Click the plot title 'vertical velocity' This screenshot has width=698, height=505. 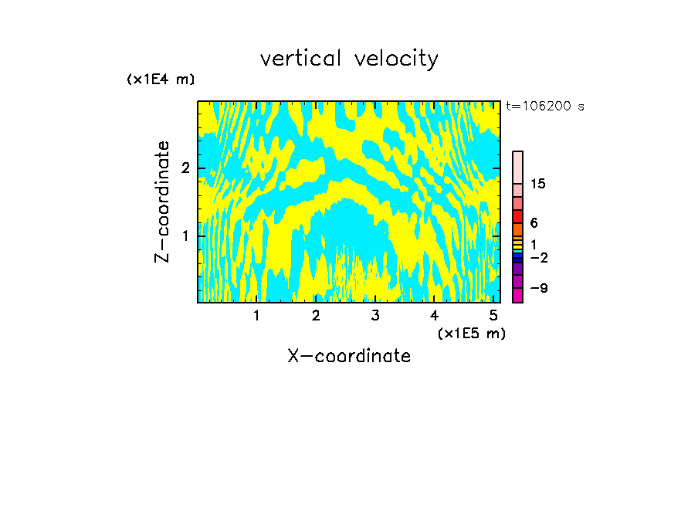coord(349,59)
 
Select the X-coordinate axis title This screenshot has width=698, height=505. coord(349,356)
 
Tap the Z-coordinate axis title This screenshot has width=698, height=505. coord(162,202)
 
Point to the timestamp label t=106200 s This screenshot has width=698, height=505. coord(545,107)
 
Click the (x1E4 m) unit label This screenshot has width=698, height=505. coord(161,80)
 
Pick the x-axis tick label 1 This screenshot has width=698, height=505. coord(256,315)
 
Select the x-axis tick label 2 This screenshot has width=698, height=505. coord(316,315)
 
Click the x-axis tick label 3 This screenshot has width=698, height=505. coord(375,315)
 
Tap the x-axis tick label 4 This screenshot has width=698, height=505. coord(435,315)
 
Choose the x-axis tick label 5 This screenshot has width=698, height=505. coord(493,315)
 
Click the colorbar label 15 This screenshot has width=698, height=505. coord(538,184)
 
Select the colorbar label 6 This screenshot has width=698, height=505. coord(534,223)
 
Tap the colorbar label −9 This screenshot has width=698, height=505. coord(538,288)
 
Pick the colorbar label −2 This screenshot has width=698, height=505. coord(538,257)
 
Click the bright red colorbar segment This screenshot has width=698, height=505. coord(518,216)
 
